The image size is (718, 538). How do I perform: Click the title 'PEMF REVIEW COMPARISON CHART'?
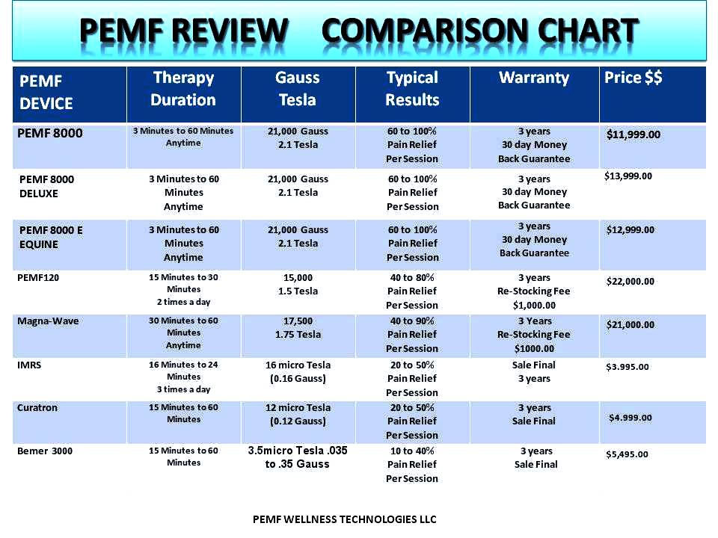[x=359, y=31]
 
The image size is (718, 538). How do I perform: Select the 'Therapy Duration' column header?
[x=183, y=89]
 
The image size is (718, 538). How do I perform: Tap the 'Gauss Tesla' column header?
[x=298, y=89]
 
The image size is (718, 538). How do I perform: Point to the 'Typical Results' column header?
[x=412, y=89]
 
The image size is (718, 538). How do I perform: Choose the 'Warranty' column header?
[x=534, y=78]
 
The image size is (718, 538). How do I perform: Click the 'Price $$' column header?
[x=633, y=78]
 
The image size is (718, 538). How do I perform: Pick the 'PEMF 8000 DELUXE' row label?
[x=46, y=186]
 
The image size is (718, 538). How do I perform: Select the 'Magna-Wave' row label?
[x=48, y=321]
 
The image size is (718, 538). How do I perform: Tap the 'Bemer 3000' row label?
[x=45, y=451]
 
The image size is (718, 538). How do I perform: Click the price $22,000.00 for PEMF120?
[x=630, y=281]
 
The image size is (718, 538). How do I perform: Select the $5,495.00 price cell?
[x=627, y=454]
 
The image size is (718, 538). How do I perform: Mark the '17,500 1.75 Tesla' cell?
[x=298, y=327]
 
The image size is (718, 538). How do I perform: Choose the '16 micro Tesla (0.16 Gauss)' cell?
[x=298, y=371]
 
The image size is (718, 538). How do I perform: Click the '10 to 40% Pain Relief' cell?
[x=412, y=465]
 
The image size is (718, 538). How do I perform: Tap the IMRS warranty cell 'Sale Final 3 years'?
[x=534, y=371]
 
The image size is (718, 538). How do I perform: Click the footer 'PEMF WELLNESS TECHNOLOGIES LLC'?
[x=345, y=519]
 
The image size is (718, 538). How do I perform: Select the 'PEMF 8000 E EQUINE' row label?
[x=51, y=237]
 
